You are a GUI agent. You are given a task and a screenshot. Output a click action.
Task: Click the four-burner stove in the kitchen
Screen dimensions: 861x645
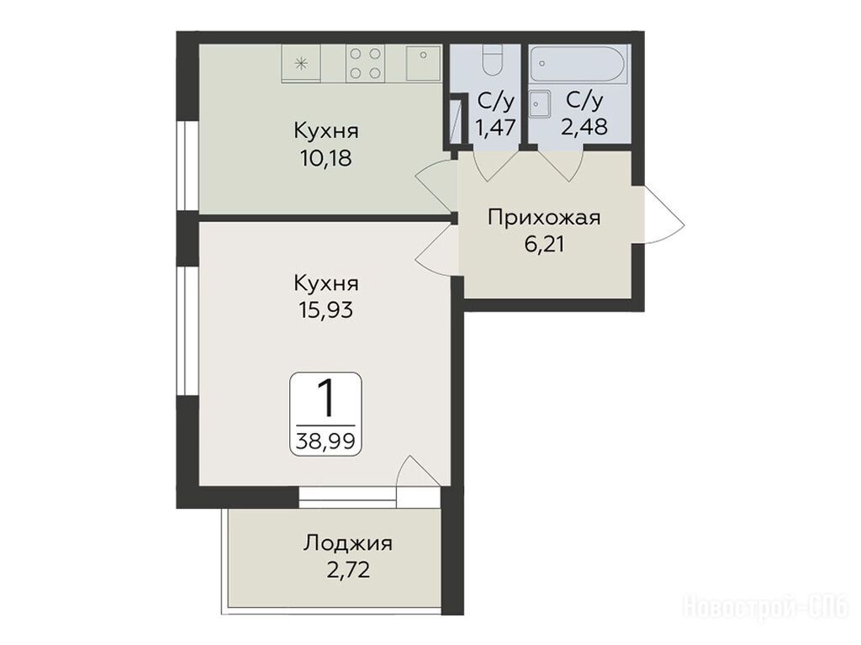(x=366, y=64)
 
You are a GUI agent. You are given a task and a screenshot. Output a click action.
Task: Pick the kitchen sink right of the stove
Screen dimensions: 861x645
(x=424, y=63)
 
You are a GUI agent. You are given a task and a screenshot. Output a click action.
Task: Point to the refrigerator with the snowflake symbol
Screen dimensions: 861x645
(x=301, y=64)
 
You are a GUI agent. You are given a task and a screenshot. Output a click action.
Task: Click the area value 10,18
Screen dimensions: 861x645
(x=325, y=159)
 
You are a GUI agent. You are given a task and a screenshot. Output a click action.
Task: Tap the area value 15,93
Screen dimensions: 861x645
(x=325, y=310)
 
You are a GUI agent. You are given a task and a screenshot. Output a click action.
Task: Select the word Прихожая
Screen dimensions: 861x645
(x=544, y=218)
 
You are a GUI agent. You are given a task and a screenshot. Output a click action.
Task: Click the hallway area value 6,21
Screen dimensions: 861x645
(x=544, y=244)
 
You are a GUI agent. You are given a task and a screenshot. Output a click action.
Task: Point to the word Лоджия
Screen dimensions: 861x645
(x=348, y=544)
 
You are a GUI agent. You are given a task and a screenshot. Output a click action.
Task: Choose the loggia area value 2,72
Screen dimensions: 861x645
(x=348, y=570)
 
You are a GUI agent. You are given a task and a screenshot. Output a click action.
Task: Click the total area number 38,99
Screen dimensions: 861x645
(x=325, y=441)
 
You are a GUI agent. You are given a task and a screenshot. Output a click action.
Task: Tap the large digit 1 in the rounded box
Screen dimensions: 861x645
(x=326, y=398)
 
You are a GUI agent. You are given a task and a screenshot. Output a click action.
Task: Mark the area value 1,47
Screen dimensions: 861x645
(x=495, y=128)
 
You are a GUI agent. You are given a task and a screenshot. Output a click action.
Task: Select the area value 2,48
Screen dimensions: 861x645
(x=584, y=128)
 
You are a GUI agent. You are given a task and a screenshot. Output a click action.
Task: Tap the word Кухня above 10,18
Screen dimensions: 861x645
(x=326, y=132)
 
